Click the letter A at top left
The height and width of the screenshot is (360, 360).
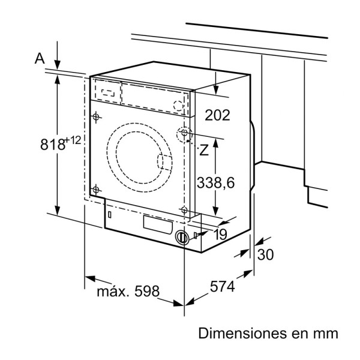point(40,58)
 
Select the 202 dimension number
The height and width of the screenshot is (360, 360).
point(217,115)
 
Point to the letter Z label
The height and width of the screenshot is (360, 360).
point(205,151)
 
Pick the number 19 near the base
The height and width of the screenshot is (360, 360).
point(220,235)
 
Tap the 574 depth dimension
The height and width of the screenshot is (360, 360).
point(222,287)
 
